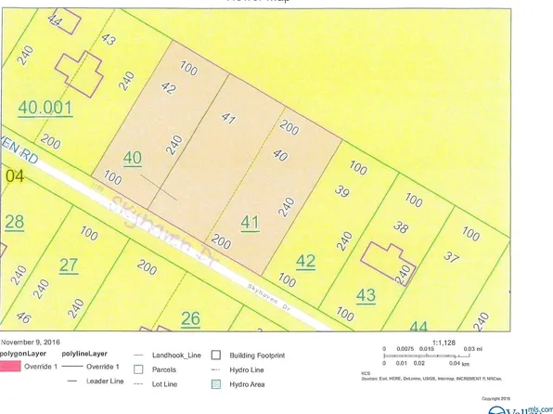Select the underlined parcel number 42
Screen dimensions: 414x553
(305, 260)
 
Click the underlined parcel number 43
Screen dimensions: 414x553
(366, 295)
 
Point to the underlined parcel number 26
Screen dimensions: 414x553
(190, 319)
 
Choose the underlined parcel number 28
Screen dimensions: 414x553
(15, 221)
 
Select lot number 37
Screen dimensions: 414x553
(451, 256)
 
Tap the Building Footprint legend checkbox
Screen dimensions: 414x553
(215, 355)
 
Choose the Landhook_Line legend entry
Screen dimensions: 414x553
(168, 355)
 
